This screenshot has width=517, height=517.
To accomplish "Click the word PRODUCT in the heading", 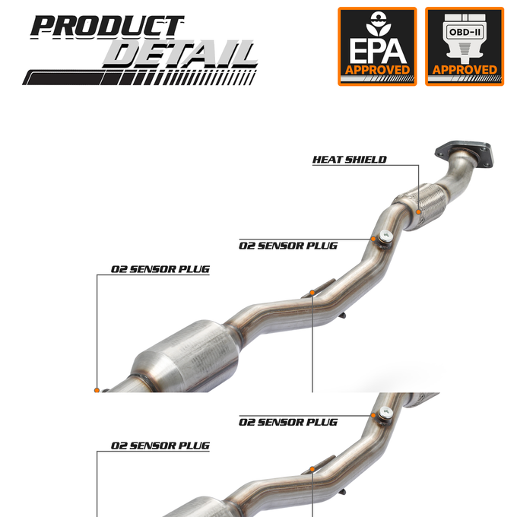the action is pos(107,26).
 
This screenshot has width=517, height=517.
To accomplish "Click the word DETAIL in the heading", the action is pos(179,55).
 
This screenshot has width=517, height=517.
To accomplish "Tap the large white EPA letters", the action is pos(377,51).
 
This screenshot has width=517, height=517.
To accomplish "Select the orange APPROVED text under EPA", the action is pos(377,70).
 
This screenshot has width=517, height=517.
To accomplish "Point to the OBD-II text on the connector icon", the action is pos(465,32).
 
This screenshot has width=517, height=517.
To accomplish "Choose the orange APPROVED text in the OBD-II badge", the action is pos(465,70).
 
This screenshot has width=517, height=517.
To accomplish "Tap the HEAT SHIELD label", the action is pos(349,160).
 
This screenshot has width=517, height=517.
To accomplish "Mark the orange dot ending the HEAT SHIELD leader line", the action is pos(418,211).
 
